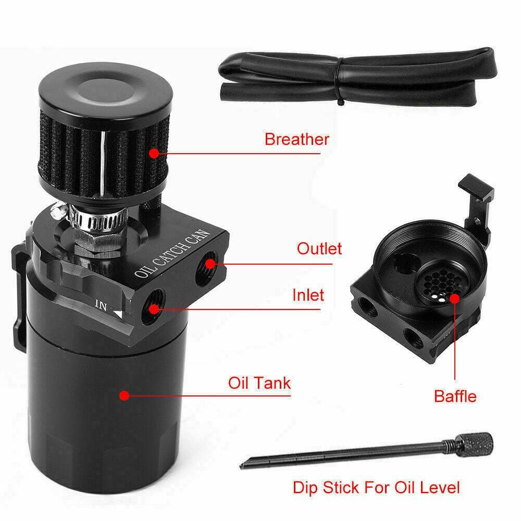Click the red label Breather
tap(296, 140)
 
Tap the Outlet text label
tap(319, 249)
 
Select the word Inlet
tap(308, 295)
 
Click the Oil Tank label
tap(259, 383)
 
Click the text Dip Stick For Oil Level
tap(376, 488)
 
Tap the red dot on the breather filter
tap(154, 153)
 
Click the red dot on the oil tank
tap(124, 395)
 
